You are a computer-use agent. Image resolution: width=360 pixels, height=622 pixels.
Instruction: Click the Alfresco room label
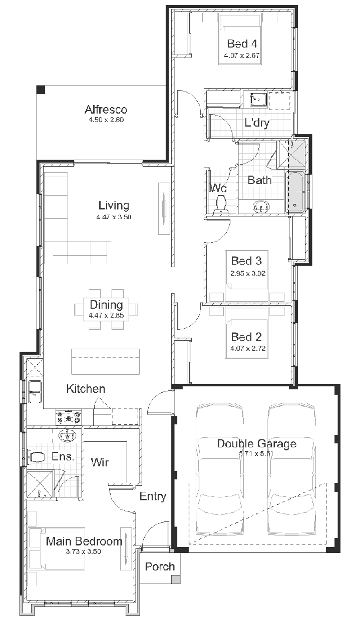(x=106, y=110)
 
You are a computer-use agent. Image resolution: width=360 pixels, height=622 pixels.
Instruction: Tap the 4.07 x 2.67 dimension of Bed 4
(x=242, y=55)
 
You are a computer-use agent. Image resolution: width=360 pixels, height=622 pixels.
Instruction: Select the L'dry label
(x=257, y=122)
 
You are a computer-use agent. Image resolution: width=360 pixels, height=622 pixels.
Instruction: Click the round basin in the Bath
(x=261, y=207)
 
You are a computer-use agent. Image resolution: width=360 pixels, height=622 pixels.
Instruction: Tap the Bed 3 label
(x=246, y=261)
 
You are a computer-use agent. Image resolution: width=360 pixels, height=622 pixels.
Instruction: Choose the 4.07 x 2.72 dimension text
(x=248, y=348)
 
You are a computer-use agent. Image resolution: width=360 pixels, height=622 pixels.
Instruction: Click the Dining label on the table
(x=107, y=304)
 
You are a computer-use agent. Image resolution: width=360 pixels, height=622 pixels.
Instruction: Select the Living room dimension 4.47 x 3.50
(x=114, y=217)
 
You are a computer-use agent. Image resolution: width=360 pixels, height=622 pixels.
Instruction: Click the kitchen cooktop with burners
(x=69, y=417)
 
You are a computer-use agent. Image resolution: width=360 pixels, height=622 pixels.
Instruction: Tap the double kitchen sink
(x=35, y=392)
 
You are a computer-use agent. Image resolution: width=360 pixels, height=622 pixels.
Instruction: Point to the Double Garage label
(x=257, y=444)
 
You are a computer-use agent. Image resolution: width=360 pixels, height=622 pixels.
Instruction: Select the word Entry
(x=153, y=496)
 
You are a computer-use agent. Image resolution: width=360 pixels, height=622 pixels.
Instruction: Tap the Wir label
(x=100, y=463)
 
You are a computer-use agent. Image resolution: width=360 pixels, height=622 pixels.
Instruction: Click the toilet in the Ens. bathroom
(x=37, y=457)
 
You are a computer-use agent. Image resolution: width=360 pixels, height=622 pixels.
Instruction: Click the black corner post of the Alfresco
(x=41, y=89)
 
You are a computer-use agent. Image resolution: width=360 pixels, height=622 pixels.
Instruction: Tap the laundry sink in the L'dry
(x=258, y=99)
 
